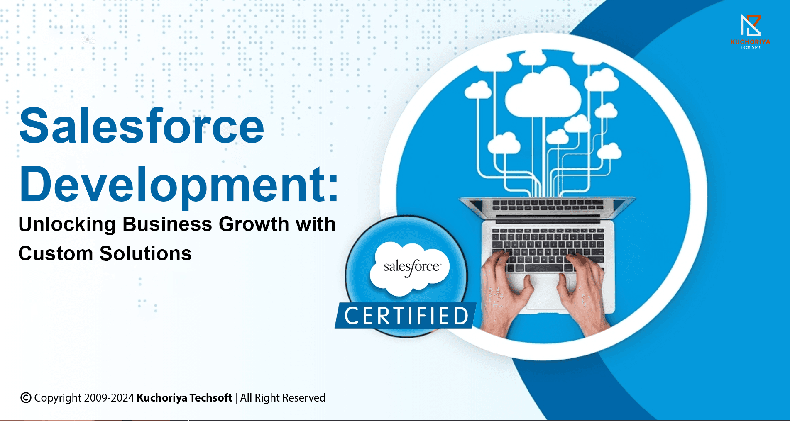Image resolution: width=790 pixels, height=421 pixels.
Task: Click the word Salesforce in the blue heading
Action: pos(142,126)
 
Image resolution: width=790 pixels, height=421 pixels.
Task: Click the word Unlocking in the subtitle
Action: pos(67,224)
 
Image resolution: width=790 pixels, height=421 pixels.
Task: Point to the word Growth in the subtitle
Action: pos(254,224)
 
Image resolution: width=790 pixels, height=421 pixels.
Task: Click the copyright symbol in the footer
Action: pos(26,398)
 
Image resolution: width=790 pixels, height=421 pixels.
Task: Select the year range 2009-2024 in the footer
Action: pos(109,398)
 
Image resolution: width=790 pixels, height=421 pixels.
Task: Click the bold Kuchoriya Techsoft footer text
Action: pos(184,398)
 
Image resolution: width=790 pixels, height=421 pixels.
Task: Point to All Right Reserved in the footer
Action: pos(283,398)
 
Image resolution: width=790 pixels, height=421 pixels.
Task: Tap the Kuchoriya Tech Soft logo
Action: pos(751,31)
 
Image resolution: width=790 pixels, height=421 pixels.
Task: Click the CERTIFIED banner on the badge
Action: pos(406,316)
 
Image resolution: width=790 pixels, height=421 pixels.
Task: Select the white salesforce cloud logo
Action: pos(410,268)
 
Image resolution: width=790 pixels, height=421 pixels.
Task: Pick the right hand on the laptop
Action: pos(583,290)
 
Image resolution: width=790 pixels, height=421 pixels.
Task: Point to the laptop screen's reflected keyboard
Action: pos(547,205)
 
